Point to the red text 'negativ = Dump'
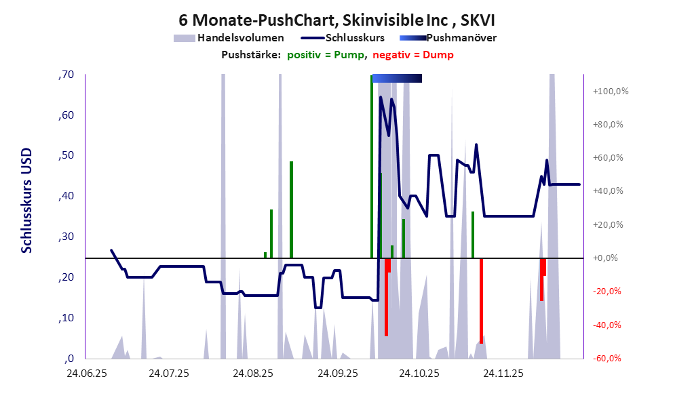pyautogui.click(x=413, y=55)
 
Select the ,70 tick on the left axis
pyautogui.click(x=66, y=75)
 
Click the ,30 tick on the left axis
pyautogui.click(x=66, y=237)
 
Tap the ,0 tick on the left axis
pyautogui.click(x=69, y=359)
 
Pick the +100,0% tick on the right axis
pyautogui.click(x=611, y=92)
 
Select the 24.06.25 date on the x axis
pyautogui.click(x=85, y=373)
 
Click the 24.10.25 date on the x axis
pyautogui.click(x=419, y=373)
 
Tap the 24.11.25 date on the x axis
pyautogui.click(x=502, y=373)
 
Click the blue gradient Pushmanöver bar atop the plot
pyautogui.click(x=397, y=79)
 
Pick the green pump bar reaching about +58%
pyautogui.click(x=291, y=209)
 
